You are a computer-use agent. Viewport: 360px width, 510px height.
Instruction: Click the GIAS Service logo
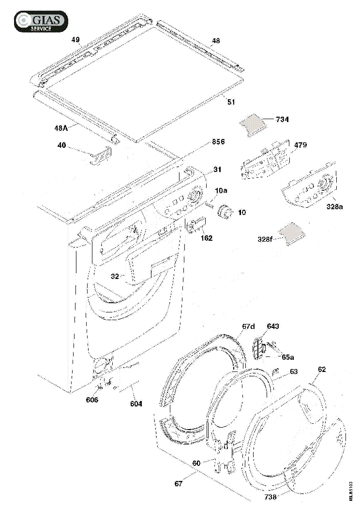point(41,21)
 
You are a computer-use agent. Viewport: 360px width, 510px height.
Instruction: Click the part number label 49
point(75,40)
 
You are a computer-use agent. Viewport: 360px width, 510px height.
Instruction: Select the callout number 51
point(231,102)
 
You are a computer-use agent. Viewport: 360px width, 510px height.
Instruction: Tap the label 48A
point(61,128)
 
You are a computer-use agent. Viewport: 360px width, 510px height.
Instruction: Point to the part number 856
point(218,142)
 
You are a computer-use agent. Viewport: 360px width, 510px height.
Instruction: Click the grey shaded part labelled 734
point(253,125)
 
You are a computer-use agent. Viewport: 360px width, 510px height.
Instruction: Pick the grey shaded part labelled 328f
point(292,233)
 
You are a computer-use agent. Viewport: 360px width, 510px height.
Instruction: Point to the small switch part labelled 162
point(195,224)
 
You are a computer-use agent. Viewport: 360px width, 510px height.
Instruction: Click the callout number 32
point(115,277)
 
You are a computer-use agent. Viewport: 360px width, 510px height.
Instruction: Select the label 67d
point(249,326)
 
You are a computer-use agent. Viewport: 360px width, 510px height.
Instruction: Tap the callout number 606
point(92,400)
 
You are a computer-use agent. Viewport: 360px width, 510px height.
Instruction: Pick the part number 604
point(136,403)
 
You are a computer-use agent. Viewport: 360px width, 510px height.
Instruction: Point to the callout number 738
point(270,496)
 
